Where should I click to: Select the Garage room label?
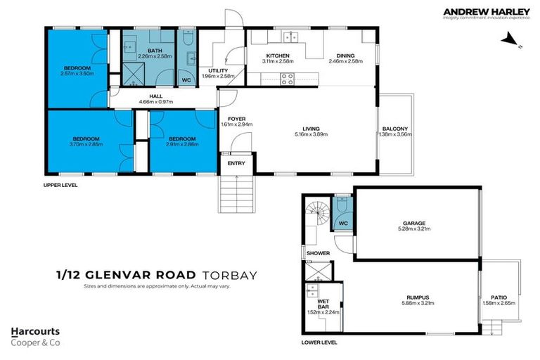pos(417,224)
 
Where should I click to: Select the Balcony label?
pos(394,129)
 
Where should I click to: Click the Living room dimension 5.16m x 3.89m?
pos(311,134)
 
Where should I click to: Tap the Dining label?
pos(345,56)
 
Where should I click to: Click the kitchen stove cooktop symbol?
pos(288,79)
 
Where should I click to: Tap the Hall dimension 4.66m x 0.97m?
pos(156,103)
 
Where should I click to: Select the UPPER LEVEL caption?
pos(60,185)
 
